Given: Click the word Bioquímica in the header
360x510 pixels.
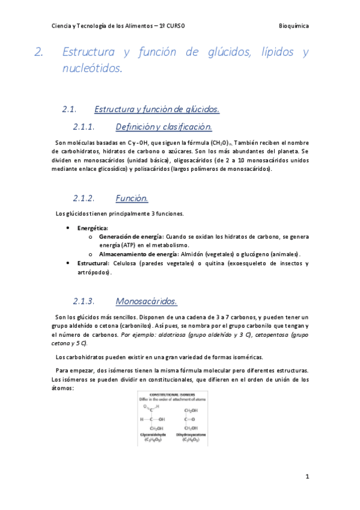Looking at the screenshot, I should coord(294,26).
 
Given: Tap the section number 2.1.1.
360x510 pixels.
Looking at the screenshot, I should coord(85,127).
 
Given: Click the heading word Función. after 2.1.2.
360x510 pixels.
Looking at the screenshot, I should coord(132,198).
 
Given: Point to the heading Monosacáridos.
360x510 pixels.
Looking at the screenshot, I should coord(146,301).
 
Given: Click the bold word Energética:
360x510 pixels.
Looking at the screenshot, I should coord(93,228).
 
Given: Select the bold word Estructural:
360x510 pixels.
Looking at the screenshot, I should coord(93,263).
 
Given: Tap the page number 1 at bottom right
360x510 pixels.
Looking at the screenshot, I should coord(307,476).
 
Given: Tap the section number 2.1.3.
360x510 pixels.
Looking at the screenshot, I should coord(85,301).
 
